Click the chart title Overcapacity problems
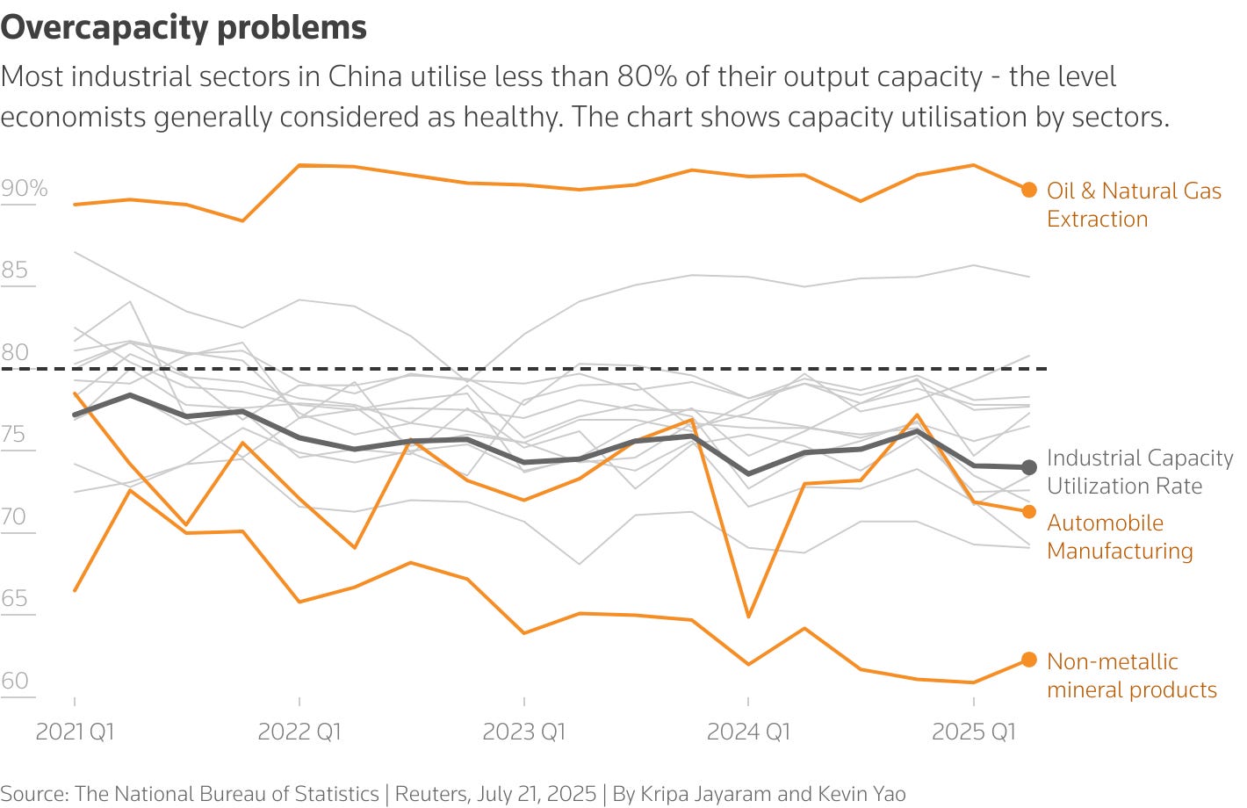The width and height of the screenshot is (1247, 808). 184,27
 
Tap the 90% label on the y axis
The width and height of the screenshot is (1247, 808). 25,189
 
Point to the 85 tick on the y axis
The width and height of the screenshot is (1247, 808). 15,271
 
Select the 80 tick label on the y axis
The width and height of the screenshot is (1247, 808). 15,353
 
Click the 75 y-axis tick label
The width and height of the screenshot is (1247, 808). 15,435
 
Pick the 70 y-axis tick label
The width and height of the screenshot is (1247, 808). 15,517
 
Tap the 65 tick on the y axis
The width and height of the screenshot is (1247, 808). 15,599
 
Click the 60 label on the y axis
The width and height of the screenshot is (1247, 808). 15,682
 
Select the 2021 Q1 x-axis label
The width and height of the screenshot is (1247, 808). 75,732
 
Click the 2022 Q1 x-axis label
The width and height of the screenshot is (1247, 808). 299,732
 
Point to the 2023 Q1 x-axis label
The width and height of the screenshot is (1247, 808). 524,732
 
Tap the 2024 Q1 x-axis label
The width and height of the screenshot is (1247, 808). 748,732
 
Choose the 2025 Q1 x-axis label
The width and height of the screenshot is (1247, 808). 973,732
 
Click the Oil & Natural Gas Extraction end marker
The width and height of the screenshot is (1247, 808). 1029,190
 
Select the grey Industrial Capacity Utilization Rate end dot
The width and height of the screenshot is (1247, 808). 1029,467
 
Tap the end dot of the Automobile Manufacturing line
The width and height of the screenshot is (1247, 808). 1029,511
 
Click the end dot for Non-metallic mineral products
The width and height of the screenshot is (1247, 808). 1029,660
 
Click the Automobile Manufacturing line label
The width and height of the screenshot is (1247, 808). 1120,537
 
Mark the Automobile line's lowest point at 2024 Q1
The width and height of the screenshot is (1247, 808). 748,617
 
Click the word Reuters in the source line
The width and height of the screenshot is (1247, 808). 433,794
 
